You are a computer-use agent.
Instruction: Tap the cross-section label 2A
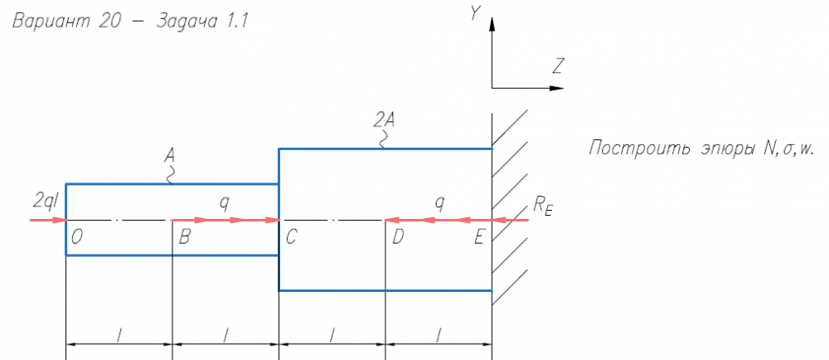384,121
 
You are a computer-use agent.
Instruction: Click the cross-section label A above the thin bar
171,157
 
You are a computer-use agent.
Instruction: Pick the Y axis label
475,13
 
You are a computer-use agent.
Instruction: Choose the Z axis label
559,65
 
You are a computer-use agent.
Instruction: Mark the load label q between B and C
224,202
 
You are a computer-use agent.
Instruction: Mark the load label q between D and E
439,202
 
